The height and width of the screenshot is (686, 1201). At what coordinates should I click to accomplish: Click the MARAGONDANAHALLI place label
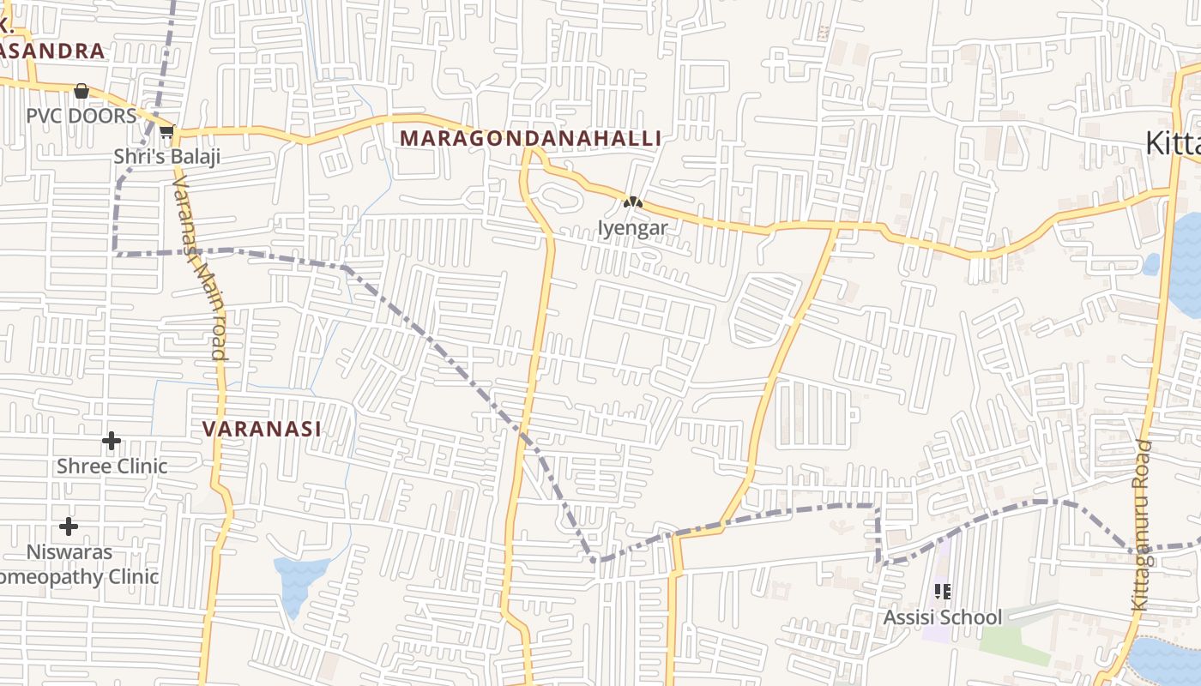[x=530, y=138]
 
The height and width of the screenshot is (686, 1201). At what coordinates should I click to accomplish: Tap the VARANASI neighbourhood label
[x=262, y=429]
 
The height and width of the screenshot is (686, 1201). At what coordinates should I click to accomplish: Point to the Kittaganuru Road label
[x=1141, y=525]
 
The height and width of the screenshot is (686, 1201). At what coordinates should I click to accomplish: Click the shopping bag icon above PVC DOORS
[x=81, y=91]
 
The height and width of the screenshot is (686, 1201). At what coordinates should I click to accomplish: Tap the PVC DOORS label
[x=81, y=116]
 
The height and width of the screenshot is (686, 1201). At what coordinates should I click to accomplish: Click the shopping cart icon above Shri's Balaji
[x=166, y=131]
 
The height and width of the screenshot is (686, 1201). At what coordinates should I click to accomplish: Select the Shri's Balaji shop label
[x=167, y=156]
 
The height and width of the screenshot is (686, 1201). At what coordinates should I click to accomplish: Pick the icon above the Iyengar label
[x=632, y=203]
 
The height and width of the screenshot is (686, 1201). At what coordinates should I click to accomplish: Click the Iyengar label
[x=632, y=228]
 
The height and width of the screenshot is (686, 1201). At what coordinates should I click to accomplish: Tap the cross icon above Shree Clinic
[x=112, y=441]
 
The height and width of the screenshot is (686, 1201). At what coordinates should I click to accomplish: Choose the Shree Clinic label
[x=112, y=466]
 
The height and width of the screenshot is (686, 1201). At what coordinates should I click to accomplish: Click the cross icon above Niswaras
[x=69, y=526]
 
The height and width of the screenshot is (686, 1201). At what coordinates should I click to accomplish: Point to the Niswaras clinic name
[x=69, y=551]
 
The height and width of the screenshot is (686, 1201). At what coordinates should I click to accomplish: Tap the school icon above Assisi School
[x=942, y=592]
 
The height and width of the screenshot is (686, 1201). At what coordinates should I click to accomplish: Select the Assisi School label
[x=942, y=617]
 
